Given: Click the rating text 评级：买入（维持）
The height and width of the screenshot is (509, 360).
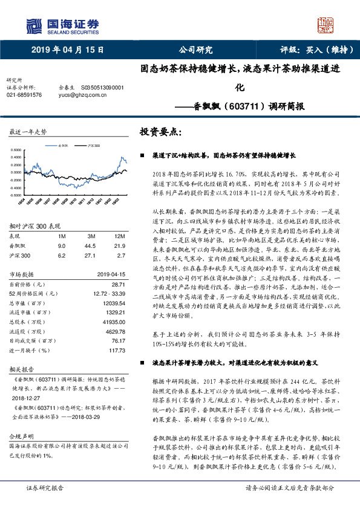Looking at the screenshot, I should point(313,51).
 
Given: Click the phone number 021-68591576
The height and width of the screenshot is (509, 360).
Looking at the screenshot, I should point(25,95).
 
